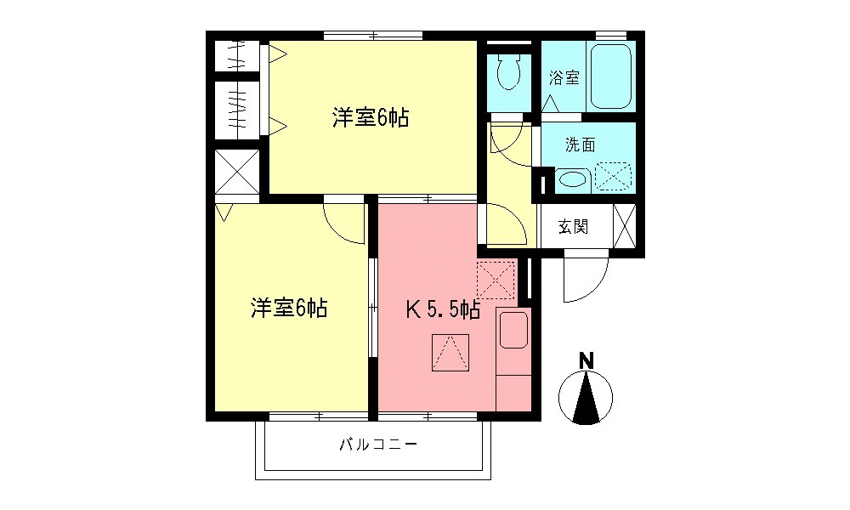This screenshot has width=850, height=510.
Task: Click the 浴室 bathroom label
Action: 564,78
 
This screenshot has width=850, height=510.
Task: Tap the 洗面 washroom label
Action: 581,144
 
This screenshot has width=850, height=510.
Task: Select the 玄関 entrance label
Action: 573,227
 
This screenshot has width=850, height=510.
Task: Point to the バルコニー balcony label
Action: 378,445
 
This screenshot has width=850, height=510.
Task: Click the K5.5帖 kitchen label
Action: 442,310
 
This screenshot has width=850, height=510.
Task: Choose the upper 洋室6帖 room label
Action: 371,119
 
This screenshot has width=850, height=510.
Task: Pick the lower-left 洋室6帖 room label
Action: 289,308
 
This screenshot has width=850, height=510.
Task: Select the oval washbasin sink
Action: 573,179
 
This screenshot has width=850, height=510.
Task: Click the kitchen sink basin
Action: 513,329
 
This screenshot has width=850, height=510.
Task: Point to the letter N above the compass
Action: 586,360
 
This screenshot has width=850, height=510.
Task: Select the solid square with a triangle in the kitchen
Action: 450,352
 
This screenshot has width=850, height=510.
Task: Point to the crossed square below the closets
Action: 236,173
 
